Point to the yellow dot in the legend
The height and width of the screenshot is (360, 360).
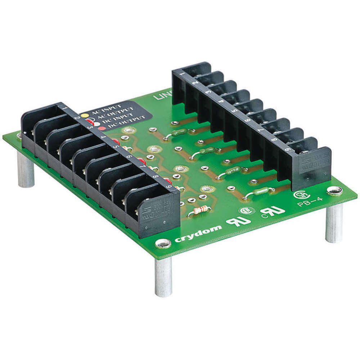(84, 116)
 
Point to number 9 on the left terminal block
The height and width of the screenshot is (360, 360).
(168, 186)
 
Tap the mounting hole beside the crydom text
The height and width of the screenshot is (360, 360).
(163, 243)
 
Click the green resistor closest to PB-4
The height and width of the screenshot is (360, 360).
(260, 192)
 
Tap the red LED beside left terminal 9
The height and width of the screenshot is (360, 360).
(167, 181)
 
